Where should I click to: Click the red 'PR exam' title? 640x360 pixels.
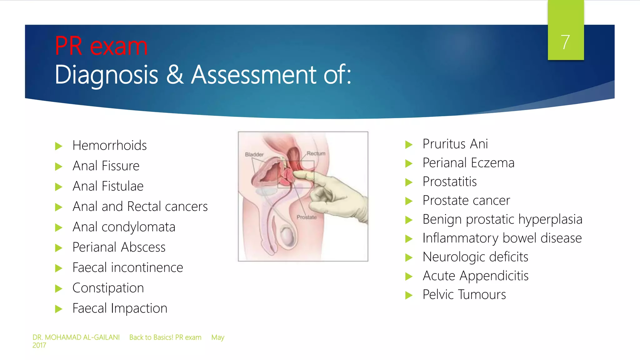(101, 46)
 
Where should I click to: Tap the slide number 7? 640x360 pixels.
(565, 42)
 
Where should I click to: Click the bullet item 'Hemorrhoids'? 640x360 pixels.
(109, 145)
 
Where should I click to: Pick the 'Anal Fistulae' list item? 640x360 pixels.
(108, 186)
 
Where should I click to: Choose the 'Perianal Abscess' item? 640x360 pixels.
(119, 247)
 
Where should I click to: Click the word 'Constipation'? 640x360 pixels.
(108, 288)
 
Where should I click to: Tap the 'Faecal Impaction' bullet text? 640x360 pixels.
(120, 308)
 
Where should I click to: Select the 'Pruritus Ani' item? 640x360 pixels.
(455, 144)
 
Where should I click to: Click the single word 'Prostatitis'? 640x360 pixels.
(449, 182)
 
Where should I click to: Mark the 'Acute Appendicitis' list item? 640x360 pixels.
(475, 276)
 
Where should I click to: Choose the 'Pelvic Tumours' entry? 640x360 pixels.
(464, 294)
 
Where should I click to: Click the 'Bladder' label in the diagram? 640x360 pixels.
(254, 154)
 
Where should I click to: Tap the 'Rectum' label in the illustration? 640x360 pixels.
(316, 153)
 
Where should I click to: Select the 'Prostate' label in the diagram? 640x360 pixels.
(307, 217)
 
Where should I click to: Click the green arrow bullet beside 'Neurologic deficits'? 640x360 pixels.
(409, 257)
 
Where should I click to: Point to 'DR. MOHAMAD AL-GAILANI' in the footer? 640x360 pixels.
(76, 337)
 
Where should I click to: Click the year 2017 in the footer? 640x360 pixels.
(39, 345)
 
